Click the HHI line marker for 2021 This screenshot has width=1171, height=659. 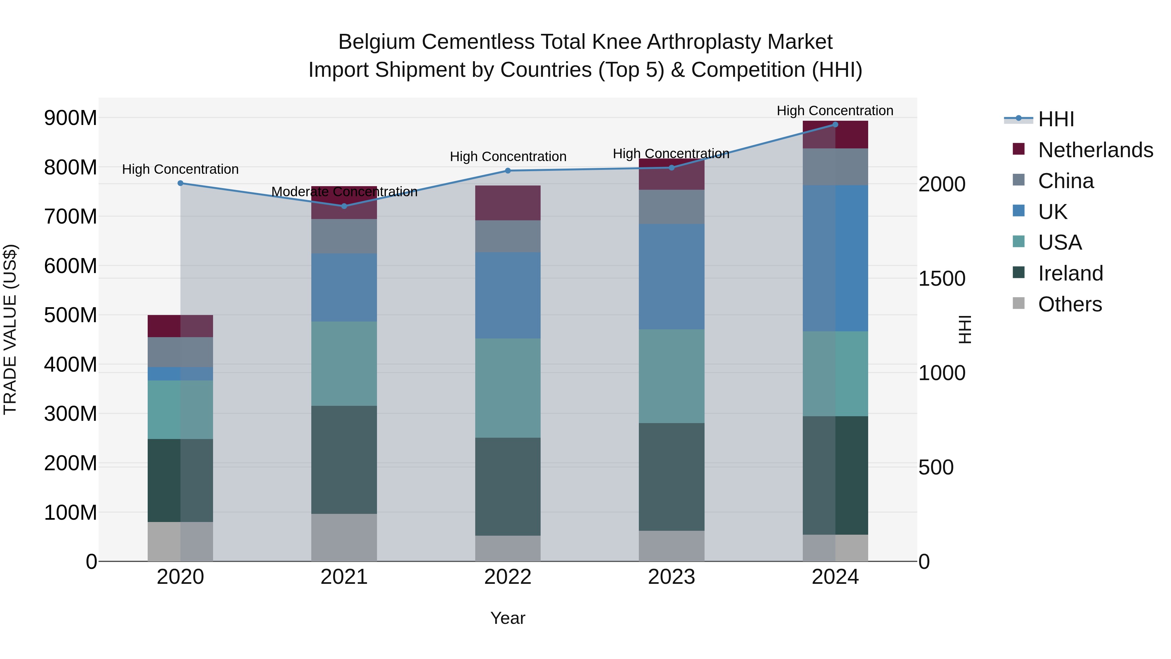pyautogui.click(x=344, y=206)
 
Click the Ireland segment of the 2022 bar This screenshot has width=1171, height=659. pyautogui.click(x=508, y=486)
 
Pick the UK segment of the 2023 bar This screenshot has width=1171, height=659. pyautogui.click(x=671, y=277)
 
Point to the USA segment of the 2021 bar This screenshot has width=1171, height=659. pyautogui.click(x=344, y=364)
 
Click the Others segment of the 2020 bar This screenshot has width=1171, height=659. pyautogui.click(x=181, y=541)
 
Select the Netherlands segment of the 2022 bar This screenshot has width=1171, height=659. pyautogui.click(x=508, y=203)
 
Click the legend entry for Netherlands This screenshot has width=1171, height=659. pyautogui.click(x=1096, y=150)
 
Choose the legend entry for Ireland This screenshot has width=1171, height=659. pyautogui.click(x=1070, y=273)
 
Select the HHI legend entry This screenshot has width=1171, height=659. pyautogui.click(x=1056, y=119)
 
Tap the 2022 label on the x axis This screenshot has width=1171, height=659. pyautogui.click(x=508, y=577)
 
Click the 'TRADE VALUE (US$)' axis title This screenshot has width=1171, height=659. pyautogui.click(x=10, y=329)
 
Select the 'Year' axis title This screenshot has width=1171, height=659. pyautogui.click(x=508, y=618)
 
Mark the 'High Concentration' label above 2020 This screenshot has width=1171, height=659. pyautogui.click(x=181, y=169)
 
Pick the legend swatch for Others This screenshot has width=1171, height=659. pyautogui.click(x=1019, y=303)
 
